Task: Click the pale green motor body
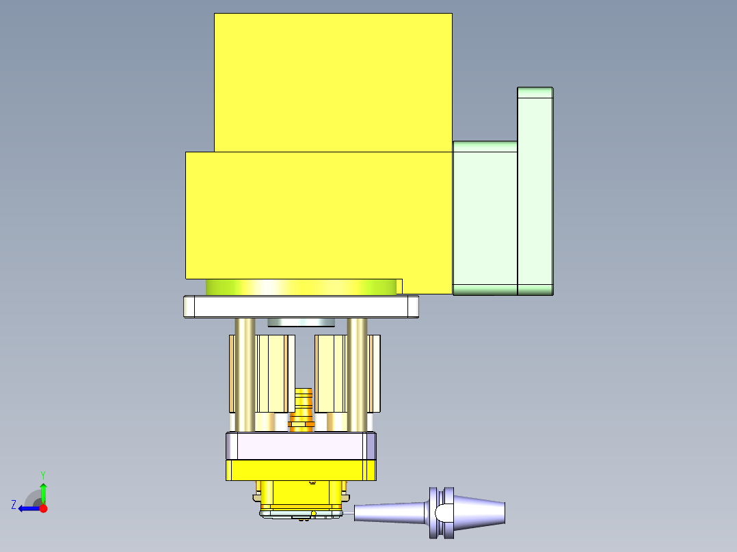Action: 485,217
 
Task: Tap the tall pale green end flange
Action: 535,191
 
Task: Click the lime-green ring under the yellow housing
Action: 301,287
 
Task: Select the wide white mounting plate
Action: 301,306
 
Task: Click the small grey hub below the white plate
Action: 299,322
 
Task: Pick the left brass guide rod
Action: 245,376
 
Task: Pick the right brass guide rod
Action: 357,376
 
